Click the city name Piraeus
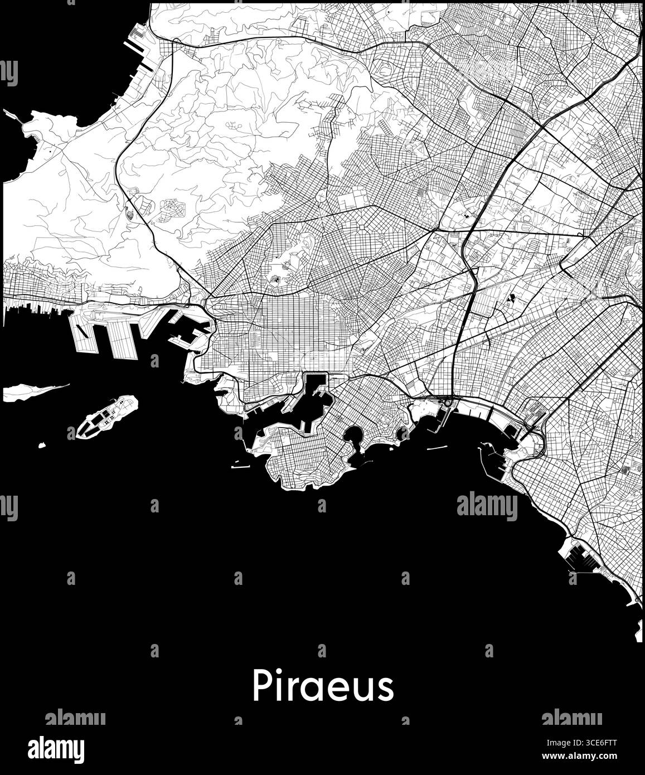323,686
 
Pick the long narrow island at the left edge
33,391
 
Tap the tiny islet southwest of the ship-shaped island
41,445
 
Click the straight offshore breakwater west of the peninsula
240,466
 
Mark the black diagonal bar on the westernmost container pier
81,331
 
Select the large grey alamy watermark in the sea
487,507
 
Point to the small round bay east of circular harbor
402,432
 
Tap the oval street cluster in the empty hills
169,210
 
